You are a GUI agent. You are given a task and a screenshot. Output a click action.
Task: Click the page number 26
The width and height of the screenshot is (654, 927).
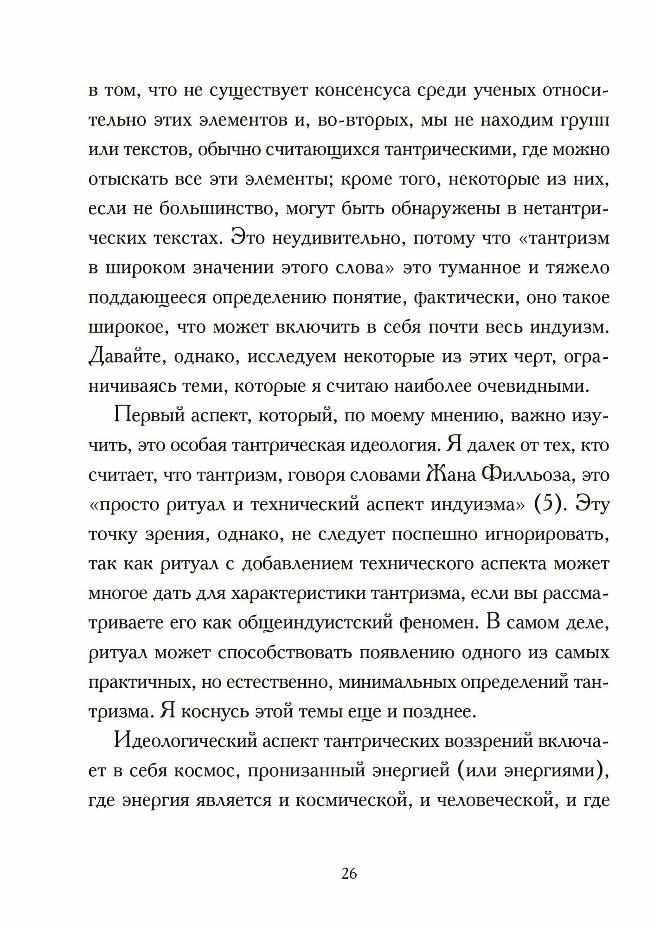click(x=349, y=874)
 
